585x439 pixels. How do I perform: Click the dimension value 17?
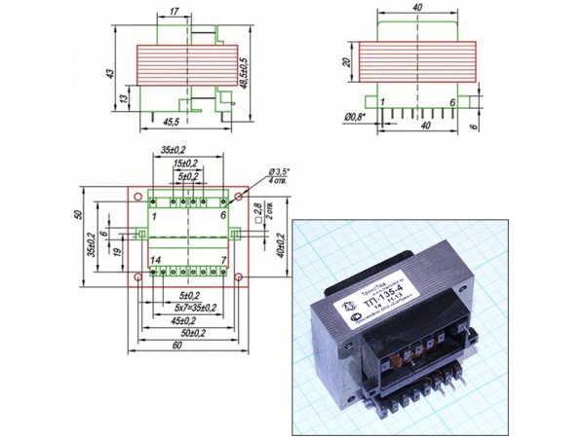click(173, 12)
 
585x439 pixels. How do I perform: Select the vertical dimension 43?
click(111, 74)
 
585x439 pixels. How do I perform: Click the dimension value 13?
click(123, 101)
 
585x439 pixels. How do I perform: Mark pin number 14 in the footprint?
click(155, 261)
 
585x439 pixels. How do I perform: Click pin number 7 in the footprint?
click(223, 260)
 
